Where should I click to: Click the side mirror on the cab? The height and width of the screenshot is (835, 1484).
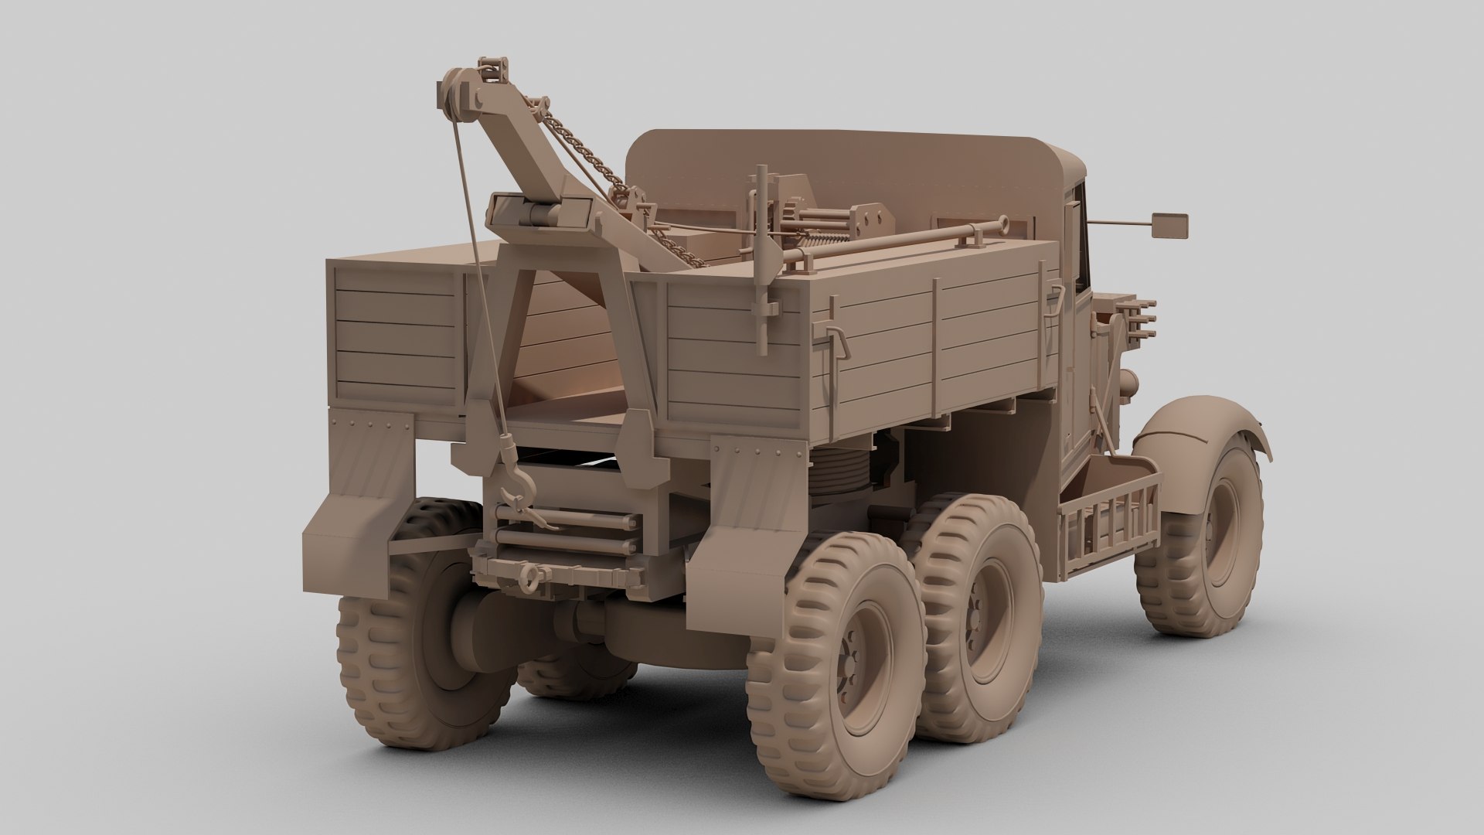(1170, 224)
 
